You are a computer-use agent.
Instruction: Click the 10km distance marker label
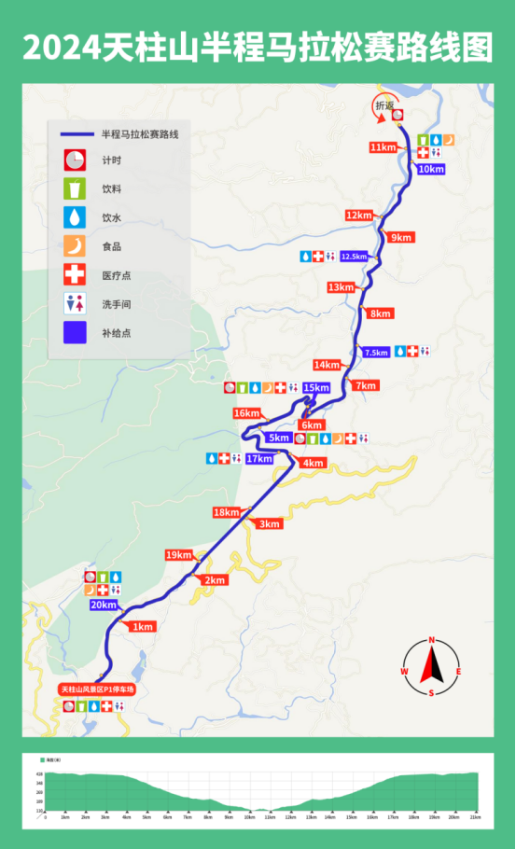431,169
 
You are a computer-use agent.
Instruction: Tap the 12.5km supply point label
354,256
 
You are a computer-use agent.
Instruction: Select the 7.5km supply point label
376,352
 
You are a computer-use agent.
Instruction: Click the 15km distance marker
316,387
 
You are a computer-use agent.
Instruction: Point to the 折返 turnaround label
384,106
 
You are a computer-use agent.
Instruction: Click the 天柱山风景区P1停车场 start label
98,689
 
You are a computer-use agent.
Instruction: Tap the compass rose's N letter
432,640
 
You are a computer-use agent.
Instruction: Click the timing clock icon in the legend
75,160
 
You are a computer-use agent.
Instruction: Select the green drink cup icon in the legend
75,188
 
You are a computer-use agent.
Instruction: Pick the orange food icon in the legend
75,246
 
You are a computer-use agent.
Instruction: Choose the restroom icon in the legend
75,303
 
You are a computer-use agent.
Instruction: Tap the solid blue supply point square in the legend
75,332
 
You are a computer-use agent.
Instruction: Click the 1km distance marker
142,627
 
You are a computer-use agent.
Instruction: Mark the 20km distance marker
103,605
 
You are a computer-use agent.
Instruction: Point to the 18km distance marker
226,512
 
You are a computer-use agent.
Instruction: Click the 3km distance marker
270,523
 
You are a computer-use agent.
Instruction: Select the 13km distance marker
341,287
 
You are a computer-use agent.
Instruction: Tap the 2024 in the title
63,48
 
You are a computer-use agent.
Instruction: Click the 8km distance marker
380,313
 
